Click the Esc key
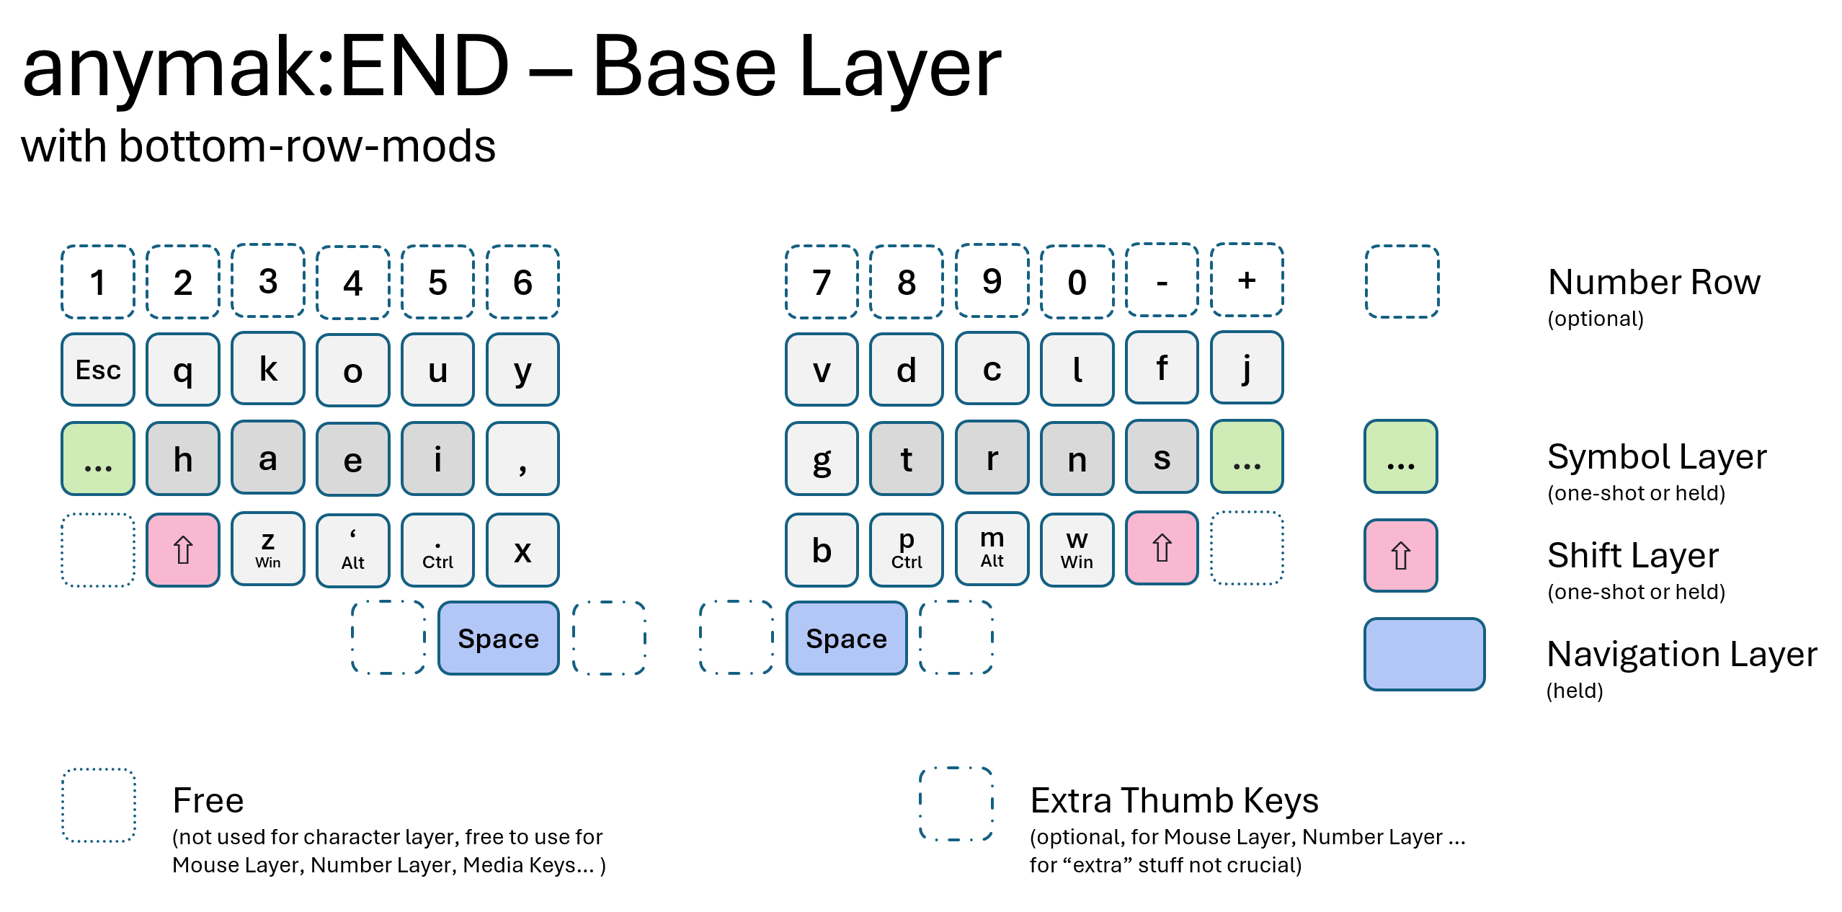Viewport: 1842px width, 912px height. coord(98,370)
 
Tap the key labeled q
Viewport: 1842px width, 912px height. coord(183,370)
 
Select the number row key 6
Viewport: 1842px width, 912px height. coord(522,282)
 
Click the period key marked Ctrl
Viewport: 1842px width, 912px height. coord(437,550)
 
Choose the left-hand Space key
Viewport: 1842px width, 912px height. coord(498,638)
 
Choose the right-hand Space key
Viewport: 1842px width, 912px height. coord(846,638)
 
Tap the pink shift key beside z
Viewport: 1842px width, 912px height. coord(183,550)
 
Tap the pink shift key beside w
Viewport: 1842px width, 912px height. coord(1162,548)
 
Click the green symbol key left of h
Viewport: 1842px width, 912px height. coord(98,459)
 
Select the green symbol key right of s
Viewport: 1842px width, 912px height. coord(1247,457)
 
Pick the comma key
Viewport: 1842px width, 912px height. coord(522,459)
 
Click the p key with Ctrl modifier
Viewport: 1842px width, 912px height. coord(907,549)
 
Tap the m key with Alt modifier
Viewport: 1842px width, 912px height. coord(992,548)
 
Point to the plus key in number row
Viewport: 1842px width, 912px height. coord(1247,280)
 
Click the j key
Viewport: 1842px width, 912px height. coord(1247,368)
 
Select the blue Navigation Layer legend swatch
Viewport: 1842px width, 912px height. coord(1424,654)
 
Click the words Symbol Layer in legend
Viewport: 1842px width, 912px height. coord(1657,457)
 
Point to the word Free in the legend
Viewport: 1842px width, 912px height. coord(208,800)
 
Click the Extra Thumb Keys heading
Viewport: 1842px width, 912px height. coord(1174,800)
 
